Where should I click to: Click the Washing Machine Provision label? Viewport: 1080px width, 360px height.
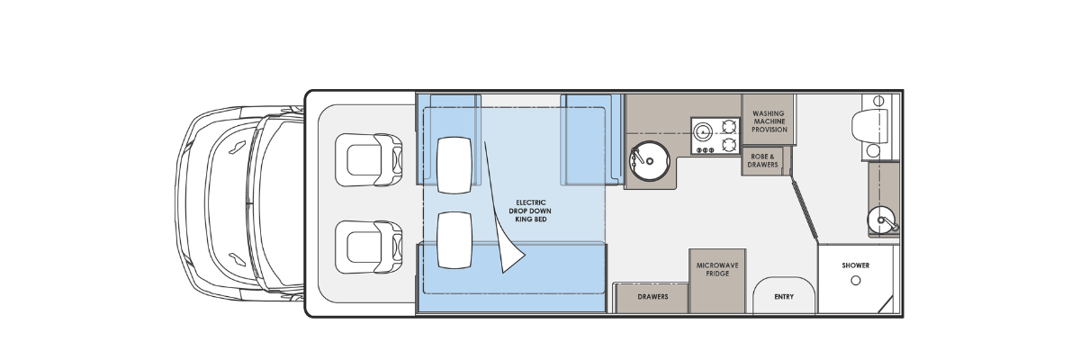pos(769,121)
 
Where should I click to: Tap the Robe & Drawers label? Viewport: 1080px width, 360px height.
pos(763,160)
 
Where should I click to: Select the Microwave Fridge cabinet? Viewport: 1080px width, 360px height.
pos(717,281)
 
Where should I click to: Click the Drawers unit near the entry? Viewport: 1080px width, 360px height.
pos(652,298)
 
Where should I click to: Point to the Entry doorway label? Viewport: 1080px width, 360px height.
pos(784,297)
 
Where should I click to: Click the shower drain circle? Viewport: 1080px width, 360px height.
pos(856,281)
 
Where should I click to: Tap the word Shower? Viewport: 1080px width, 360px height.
pos(856,265)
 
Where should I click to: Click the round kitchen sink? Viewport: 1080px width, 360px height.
pos(649,160)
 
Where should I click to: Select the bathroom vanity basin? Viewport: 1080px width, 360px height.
pos(883,220)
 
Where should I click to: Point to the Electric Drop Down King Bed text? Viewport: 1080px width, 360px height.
pos(530,211)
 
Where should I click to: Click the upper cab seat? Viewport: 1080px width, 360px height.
pos(369,160)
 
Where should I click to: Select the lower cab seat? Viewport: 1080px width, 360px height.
pos(369,247)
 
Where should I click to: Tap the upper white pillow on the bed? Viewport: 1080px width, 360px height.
pos(454,166)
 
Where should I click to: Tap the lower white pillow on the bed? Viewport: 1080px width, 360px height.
pos(454,240)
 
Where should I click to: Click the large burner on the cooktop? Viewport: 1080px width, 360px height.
pos(703,130)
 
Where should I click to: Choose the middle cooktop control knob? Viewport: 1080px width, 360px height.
pos(704,150)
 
